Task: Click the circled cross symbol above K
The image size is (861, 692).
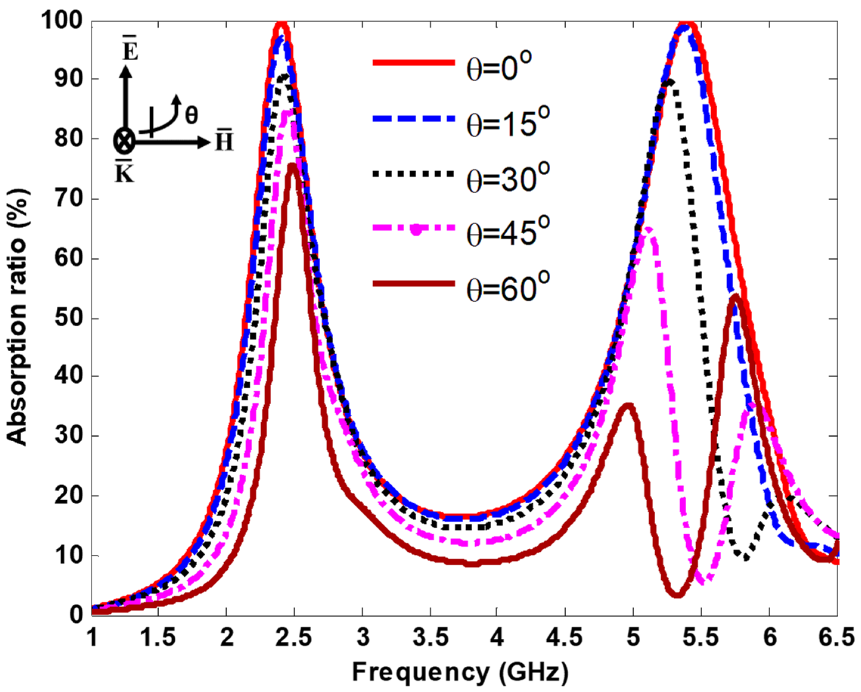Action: pyautogui.click(x=124, y=141)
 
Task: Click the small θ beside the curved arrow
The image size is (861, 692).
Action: pyautogui.click(x=191, y=115)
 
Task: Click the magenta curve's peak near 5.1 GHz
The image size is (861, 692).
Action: pyautogui.click(x=648, y=229)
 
